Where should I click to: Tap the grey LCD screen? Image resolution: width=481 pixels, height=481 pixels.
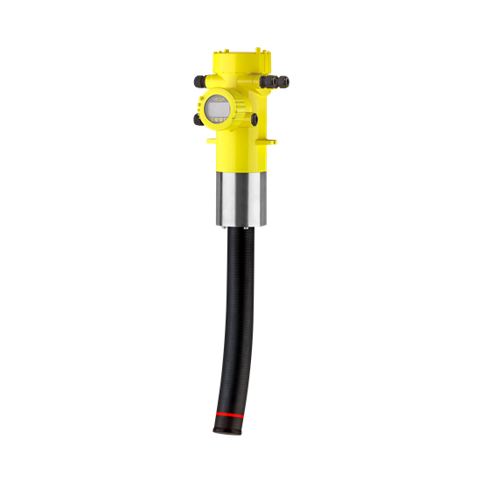pos(216,112)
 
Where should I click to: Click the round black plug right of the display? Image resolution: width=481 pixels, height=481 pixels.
pos(254,116)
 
